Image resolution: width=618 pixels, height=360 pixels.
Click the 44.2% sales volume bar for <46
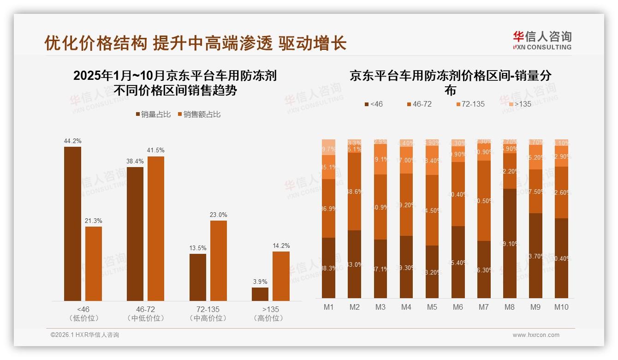[x=72, y=224]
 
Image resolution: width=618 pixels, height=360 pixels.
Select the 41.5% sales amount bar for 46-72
[x=156, y=228]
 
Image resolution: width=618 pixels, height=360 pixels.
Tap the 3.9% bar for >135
[x=260, y=294]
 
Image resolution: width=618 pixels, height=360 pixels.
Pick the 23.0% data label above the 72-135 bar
[x=219, y=215]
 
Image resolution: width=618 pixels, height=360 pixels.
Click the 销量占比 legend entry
[x=154, y=114]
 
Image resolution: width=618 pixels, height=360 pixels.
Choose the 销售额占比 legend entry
[x=199, y=114]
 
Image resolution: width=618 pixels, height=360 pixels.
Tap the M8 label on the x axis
[x=510, y=307]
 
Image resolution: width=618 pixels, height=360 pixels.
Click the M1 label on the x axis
[x=329, y=307]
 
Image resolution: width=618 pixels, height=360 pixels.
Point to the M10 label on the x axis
[x=561, y=307]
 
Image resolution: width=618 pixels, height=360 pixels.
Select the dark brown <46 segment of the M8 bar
[x=510, y=243]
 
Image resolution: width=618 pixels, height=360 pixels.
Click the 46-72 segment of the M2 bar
[x=355, y=191]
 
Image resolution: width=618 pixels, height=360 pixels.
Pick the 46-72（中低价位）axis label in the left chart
[x=145, y=313]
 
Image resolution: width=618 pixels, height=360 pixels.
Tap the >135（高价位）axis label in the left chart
[x=271, y=313]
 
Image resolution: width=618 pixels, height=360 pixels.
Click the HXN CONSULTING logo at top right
[x=542, y=40]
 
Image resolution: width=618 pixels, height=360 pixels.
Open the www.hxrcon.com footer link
[x=536, y=335]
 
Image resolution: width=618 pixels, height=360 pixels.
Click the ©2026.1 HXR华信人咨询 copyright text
[x=84, y=335]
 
